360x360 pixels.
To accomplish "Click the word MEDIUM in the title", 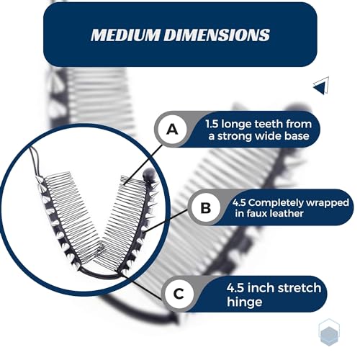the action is [x=125, y=35].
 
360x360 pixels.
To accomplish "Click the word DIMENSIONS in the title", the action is [x=217, y=35].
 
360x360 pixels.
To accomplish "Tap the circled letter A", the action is [x=173, y=129].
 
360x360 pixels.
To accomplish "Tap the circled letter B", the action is [x=206, y=207].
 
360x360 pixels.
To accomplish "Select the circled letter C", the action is [x=179, y=294].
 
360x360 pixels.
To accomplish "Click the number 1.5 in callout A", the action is [x=212, y=124].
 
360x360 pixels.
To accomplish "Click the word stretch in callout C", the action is [x=298, y=288].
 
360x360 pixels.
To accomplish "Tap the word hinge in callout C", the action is [x=244, y=302].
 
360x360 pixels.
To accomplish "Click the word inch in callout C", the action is [x=260, y=288].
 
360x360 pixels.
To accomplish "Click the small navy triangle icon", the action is [x=321, y=86].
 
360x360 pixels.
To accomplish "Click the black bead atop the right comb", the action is [x=148, y=174].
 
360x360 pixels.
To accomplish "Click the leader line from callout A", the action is [x=143, y=165].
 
